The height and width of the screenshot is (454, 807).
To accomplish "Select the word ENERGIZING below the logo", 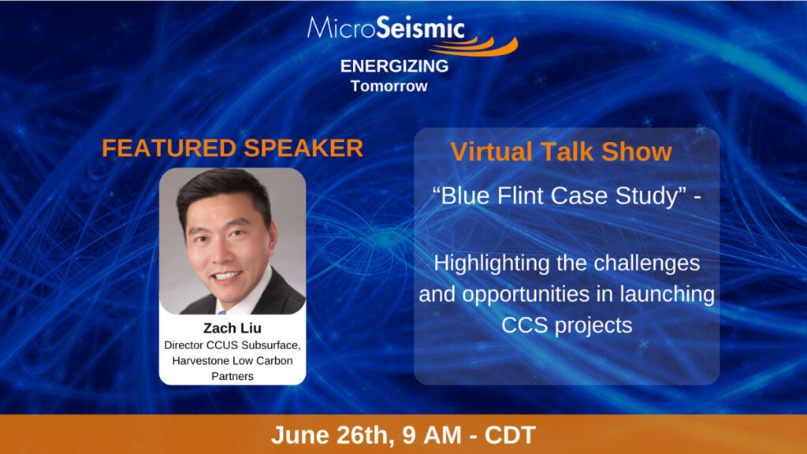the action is [x=394, y=66].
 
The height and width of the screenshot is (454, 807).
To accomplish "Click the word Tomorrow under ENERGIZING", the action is [x=389, y=86].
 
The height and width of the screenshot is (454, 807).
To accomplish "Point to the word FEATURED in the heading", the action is [x=169, y=148].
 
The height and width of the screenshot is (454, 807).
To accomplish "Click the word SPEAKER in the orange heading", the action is [x=303, y=148].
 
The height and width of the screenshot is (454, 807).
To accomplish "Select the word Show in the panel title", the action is [x=637, y=152].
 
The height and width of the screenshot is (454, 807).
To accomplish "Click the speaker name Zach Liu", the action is [x=232, y=328].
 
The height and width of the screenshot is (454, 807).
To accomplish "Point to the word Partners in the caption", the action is [x=232, y=376].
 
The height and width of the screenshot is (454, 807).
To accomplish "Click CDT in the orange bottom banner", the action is [x=510, y=435].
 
